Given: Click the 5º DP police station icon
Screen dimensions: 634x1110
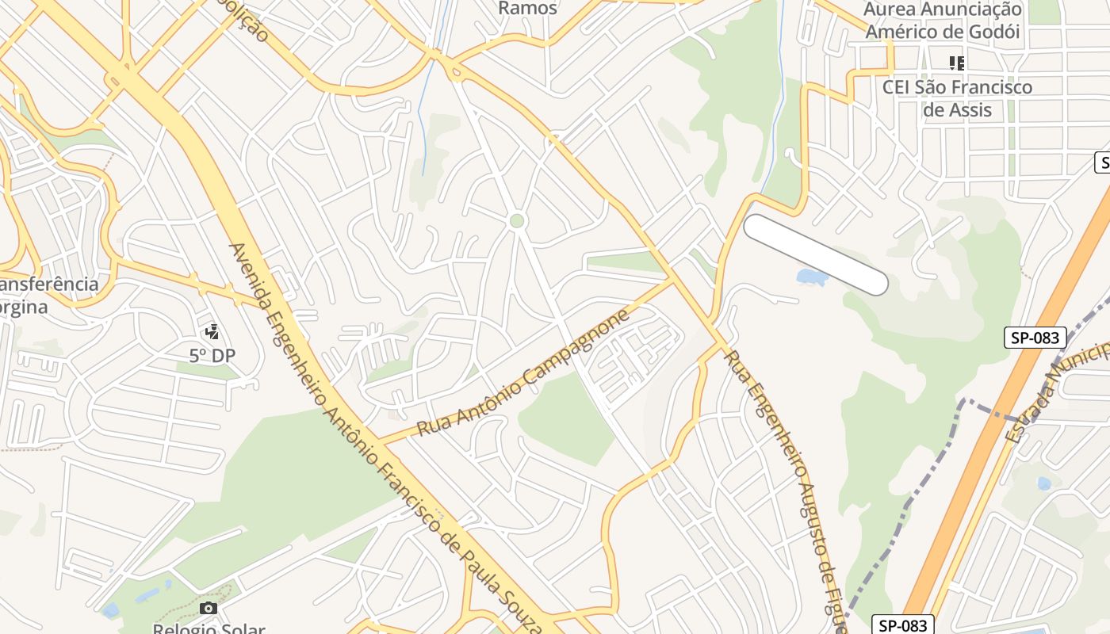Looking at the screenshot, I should click(x=212, y=332).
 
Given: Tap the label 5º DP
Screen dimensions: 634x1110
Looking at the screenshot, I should click(x=212, y=356).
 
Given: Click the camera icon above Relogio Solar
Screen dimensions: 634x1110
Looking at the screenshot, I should click(x=209, y=609).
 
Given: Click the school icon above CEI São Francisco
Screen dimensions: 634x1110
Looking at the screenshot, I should click(x=957, y=63).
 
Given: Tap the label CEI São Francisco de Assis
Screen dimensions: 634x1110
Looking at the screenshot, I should click(x=957, y=97).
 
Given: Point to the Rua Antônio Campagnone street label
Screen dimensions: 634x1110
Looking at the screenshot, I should click(x=523, y=373).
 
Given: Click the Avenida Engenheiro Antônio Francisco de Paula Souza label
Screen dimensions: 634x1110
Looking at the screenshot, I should click(x=381, y=436).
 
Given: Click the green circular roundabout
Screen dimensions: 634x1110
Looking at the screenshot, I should click(x=517, y=220).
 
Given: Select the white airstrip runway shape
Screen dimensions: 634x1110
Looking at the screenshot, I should click(x=815, y=254).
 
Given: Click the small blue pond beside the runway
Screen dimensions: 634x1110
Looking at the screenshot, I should click(x=811, y=277).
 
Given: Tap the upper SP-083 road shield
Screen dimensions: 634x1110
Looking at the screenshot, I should click(x=1036, y=338).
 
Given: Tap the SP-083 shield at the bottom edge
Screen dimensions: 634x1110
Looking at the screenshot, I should click(x=903, y=624).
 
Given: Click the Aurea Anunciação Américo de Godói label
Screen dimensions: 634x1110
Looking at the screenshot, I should click(x=942, y=21).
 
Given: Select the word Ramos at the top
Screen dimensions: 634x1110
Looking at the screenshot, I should click(x=527, y=8).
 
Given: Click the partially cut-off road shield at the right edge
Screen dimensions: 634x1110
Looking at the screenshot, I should click(x=1102, y=163).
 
